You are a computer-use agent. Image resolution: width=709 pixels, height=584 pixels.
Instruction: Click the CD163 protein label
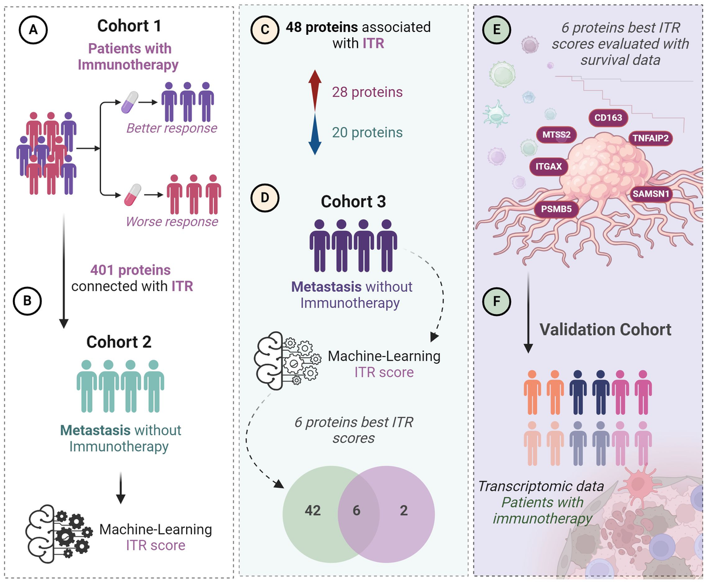pos(608,118)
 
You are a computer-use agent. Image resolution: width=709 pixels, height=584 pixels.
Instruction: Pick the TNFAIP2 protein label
pos(650,138)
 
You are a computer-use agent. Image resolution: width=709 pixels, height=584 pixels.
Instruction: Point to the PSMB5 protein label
pos(556,209)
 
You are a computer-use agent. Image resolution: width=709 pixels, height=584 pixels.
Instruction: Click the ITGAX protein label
pos(549,166)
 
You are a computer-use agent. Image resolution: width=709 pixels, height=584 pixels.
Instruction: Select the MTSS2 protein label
pos(556,134)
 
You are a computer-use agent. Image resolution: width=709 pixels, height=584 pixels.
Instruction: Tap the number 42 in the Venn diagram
pos(313,511)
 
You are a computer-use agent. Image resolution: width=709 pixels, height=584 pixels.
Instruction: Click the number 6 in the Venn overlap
pos(357,511)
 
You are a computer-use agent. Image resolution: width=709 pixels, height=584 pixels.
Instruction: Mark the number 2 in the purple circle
pos(404,511)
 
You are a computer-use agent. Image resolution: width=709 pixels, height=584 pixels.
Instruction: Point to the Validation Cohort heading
pos(606,329)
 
